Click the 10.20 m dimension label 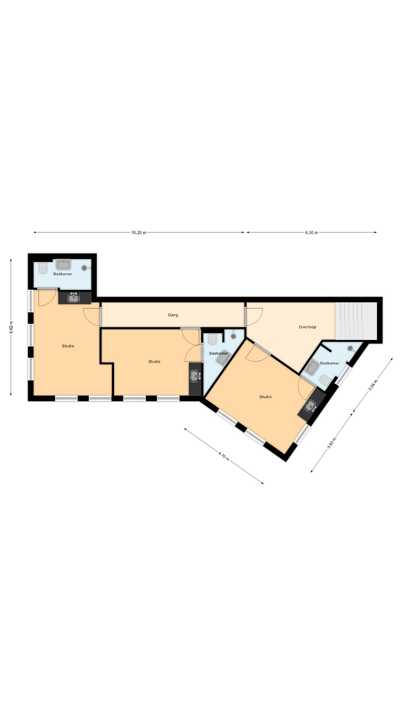(x=139, y=233)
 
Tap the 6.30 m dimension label (x=312, y=233)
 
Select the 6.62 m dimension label (x=11, y=327)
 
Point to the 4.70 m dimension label (x=223, y=456)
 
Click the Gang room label (x=173, y=315)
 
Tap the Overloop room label (x=307, y=327)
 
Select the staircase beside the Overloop (x=356, y=321)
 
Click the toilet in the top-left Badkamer (x=43, y=268)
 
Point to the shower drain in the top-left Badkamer (x=84, y=268)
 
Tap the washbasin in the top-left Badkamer (x=63, y=264)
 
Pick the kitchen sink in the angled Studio (x=310, y=406)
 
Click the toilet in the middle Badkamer (x=212, y=339)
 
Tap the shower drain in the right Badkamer (x=350, y=349)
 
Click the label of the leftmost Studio (x=68, y=346)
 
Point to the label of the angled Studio (x=265, y=397)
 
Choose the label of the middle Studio (x=154, y=362)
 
